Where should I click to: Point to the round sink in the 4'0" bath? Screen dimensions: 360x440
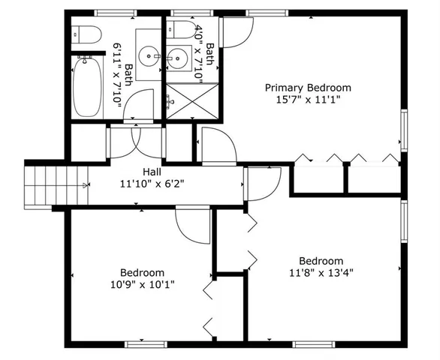pos(178,57)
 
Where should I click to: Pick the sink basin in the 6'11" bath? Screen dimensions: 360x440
pos(149,55)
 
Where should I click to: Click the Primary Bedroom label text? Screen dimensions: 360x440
pos(308,88)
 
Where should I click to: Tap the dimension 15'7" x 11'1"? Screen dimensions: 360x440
pos(308,100)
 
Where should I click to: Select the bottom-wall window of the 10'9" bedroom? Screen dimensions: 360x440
pos(145,344)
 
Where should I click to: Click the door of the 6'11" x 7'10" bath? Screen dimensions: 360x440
pos(140,107)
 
